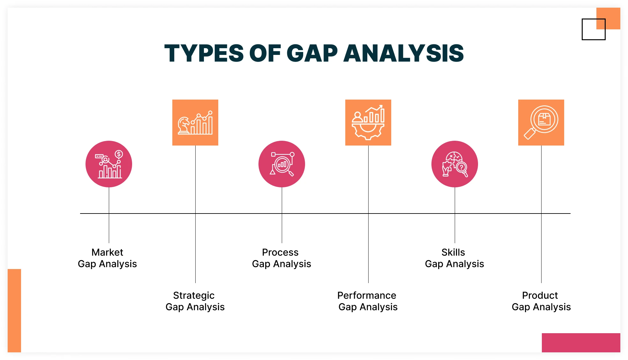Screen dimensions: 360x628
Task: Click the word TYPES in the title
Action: (204, 53)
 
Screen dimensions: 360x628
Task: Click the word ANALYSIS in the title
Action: (403, 53)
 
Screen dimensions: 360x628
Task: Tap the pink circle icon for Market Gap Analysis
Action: (109, 164)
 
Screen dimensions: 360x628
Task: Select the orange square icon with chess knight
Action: (195, 123)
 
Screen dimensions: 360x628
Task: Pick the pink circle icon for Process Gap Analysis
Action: (282, 164)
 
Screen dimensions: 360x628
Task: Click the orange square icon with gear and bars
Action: (368, 123)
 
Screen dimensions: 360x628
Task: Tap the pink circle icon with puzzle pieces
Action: (455, 164)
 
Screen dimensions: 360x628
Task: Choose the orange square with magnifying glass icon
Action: (541, 123)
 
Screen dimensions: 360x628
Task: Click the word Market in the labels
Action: (107, 252)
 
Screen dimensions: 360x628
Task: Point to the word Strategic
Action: (194, 296)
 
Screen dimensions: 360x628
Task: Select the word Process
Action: (280, 252)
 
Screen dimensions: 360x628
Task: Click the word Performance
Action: (367, 296)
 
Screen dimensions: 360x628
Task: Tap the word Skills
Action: (453, 252)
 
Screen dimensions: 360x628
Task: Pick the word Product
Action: (540, 296)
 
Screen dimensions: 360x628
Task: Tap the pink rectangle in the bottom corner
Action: (581, 343)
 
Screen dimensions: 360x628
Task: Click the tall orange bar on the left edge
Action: (14, 311)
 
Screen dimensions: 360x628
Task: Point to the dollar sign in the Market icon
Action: (119, 154)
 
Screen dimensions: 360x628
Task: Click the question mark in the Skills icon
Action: (461, 167)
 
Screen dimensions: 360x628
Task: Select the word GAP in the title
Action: (312, 53)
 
